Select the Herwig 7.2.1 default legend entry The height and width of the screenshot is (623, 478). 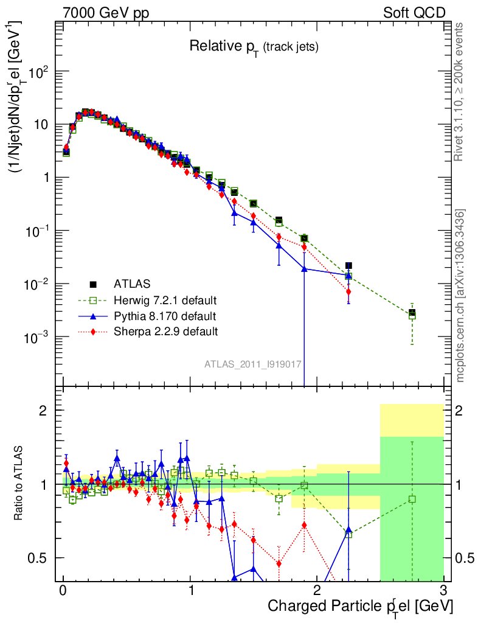click(165, 301)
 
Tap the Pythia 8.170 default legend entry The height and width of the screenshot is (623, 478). click(164, 316)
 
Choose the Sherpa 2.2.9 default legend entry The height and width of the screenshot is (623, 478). click(165, 332)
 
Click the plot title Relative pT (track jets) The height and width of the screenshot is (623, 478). click(254, 46)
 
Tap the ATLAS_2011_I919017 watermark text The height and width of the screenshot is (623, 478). click(254, 364)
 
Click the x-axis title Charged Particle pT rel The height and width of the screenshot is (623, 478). click(360, 606)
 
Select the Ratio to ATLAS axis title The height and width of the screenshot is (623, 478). click(19, 484)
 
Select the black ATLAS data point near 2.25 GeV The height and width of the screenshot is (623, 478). click(348, 266)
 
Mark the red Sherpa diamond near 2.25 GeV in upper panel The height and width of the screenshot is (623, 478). click(348, 292)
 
